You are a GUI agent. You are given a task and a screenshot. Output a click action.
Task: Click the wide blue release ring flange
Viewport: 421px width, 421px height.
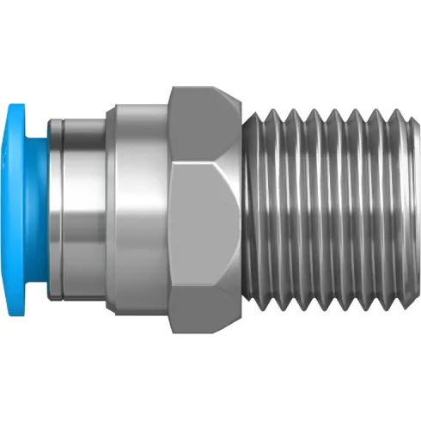19,209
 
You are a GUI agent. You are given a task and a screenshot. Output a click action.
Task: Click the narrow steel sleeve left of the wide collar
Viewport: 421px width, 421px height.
82,209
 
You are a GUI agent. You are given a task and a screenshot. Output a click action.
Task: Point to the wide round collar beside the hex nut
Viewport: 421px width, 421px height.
137,209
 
